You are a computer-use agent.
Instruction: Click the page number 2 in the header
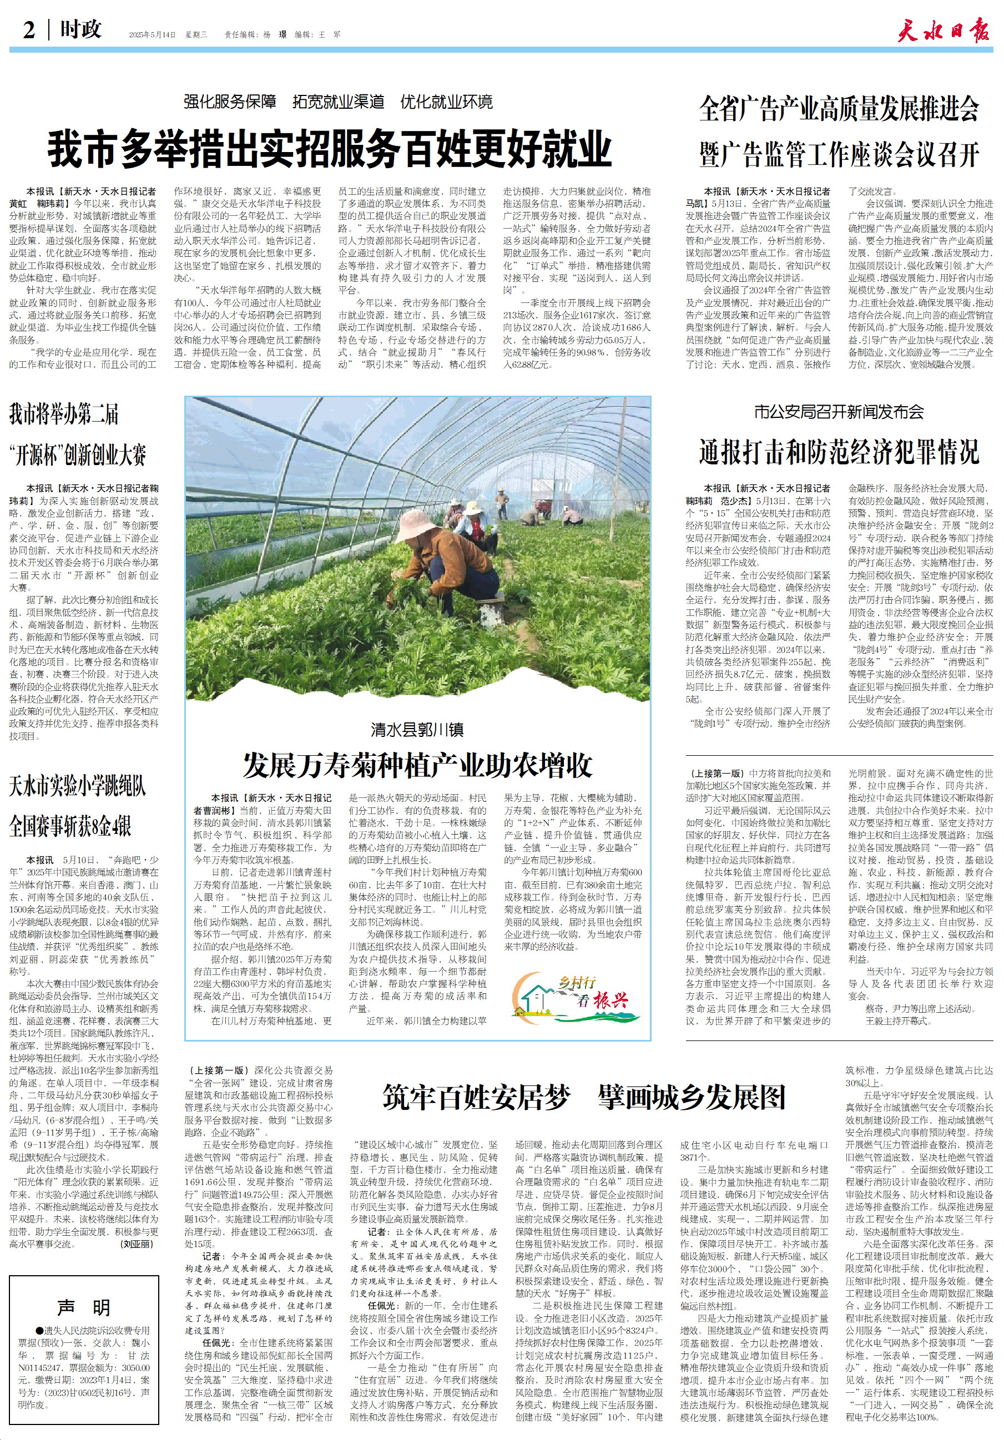(x=29, y=29)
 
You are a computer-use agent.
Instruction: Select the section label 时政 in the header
(x=80, y=29)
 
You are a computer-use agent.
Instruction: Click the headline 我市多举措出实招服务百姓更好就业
(x=330, y=148)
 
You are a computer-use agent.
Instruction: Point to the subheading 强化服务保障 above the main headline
(x=230, y=102)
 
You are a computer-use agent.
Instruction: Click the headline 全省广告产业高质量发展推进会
(x=839, y=109)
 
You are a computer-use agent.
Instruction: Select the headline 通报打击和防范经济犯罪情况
(x=839, y=452)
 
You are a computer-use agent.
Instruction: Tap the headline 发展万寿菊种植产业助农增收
(x=418, y=765)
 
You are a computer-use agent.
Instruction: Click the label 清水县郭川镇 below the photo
(x=418, y=729)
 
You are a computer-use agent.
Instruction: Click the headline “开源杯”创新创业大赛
(x=78, y=454)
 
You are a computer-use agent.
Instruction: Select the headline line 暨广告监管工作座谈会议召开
(x=839, y=154)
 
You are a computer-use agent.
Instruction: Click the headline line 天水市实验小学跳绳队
(x=78, y=786)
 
